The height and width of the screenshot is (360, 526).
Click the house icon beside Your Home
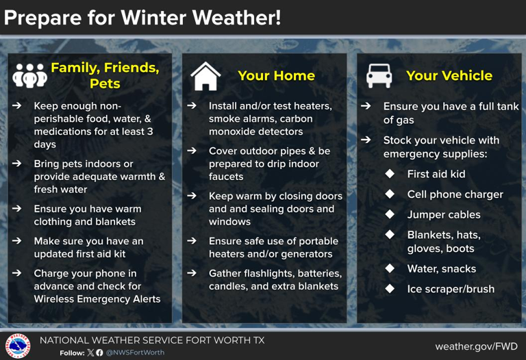tap(205, 76)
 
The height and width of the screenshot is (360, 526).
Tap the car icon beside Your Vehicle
tap(379, 75)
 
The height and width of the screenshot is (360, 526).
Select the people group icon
tap(30, 76)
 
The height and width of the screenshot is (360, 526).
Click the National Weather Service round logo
tap(18, 346)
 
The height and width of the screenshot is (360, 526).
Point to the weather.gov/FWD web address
tap(476, 346)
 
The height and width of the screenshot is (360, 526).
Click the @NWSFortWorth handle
tap(135, 353)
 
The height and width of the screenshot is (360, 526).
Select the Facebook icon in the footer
tap(100, 353)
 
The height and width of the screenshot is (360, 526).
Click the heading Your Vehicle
tap(449, 75)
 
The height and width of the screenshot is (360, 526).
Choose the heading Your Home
tap(276, 75)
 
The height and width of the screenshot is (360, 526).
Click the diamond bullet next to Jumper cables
tap(390, 214)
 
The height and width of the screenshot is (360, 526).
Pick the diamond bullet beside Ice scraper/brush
tap(390, 289)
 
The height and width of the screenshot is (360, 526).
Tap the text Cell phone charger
tap(455, 194)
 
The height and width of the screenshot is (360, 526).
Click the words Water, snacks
tap(441, 269)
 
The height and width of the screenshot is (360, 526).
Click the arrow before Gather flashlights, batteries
tap(193, 273)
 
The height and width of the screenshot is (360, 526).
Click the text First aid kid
tap(436, 174)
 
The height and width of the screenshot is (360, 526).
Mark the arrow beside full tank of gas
tap(366, 106)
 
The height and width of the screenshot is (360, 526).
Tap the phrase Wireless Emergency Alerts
tap(97, 298)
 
